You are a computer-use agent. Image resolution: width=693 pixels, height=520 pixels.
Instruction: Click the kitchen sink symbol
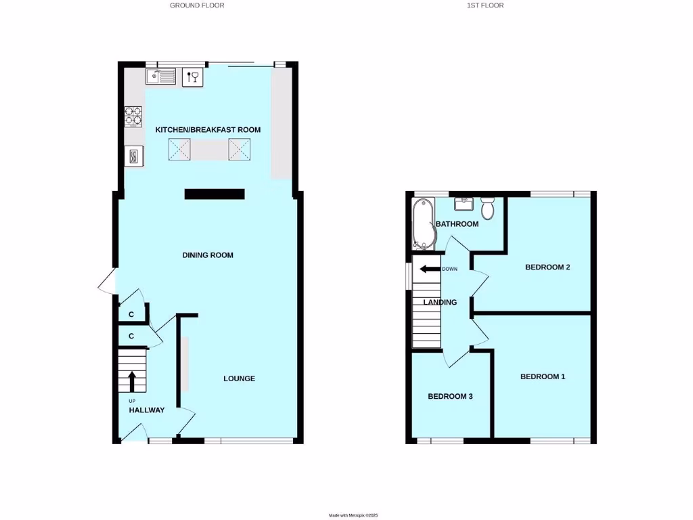pos(160,77)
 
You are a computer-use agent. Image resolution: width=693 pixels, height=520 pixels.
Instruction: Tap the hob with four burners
pos(133,116)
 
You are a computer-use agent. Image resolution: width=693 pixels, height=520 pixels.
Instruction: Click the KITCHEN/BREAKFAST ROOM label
pos(208,130)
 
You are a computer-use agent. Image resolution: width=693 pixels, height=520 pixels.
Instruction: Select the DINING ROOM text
pos(208,255)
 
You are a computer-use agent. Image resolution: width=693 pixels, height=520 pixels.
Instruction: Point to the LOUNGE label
pos(240,378)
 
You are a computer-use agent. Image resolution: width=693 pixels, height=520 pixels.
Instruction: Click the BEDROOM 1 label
pos(542,376)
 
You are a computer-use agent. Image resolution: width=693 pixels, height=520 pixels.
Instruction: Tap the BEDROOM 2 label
pos(547,267)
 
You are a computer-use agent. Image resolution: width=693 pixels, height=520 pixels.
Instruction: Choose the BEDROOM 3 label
pos(450,397)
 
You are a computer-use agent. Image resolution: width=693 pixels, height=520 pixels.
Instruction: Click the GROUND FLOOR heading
pos(197,5)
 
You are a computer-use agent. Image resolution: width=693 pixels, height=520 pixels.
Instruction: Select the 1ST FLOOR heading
pos(485,5)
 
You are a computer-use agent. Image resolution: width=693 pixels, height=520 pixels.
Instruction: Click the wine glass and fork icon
pos(192,77)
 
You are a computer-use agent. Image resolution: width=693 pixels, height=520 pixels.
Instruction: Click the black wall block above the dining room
pos(214,194)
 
